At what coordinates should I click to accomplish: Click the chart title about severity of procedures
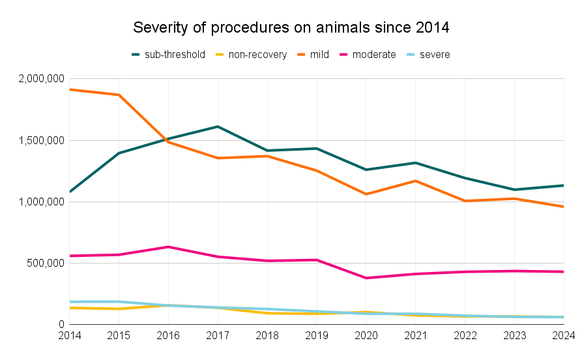[291, 28]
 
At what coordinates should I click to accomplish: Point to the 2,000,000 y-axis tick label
[40, 79]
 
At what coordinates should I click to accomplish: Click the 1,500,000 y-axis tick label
[40, 140]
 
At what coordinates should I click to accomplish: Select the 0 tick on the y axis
[61, 324]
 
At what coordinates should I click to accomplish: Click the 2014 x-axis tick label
[69, 335]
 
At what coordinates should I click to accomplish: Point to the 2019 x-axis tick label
[317, 335]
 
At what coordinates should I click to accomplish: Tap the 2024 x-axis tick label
[562, 335]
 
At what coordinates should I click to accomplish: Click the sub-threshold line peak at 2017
[218, 127]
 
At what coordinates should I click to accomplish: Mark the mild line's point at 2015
[119, 95]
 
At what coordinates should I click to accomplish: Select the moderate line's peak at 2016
[168, 247]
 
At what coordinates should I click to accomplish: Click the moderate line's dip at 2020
[366, 278]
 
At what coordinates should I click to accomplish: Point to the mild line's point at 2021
[416, 181]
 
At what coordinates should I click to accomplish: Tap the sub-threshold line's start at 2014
[70, 192]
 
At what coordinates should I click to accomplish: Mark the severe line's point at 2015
[119, 302]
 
